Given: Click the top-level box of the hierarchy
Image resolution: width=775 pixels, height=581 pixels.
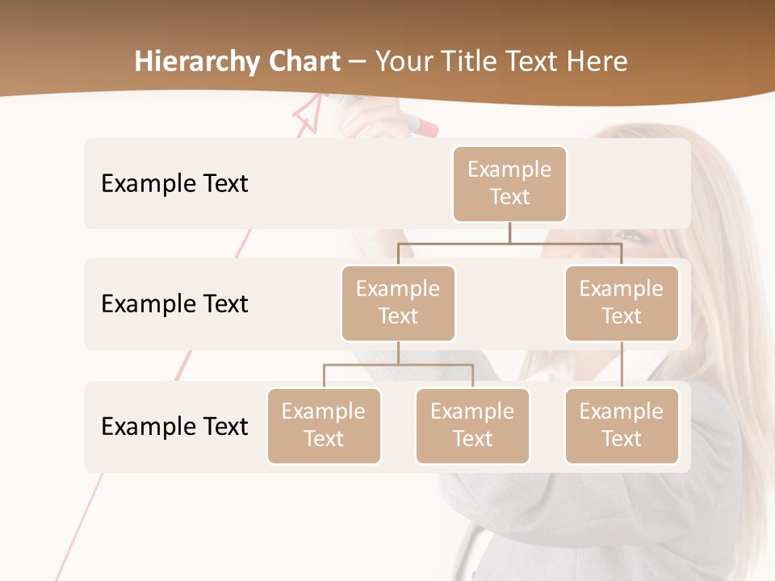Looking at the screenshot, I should point(509,184).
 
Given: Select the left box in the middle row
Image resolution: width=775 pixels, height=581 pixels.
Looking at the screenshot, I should point(398,303).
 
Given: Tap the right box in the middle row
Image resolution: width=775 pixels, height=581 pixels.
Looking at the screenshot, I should point(622,303).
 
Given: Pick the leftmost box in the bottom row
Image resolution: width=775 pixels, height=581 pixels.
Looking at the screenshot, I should point(324,426).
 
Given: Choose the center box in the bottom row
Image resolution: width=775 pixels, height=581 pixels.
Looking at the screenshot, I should point(472,426).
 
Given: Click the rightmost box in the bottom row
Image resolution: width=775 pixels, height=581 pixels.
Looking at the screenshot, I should point(622,426).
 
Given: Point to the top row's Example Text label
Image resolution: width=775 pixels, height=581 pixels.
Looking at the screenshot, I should point(174,184).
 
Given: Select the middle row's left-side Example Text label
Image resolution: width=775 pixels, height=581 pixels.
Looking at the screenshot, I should point(174,304).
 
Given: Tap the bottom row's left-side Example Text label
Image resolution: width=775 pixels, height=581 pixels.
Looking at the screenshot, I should point(174,427).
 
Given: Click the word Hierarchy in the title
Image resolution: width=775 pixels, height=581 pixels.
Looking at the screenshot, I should point(197,62).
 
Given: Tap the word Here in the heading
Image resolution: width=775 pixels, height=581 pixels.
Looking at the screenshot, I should point(598,61).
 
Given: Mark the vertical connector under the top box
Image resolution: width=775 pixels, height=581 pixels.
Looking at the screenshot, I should point(509,232).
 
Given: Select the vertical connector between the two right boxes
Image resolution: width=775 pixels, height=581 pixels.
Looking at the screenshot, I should point(622,365).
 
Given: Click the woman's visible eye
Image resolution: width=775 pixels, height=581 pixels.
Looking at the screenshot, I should point(632,237).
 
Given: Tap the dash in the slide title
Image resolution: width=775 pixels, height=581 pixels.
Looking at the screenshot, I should point(358,62).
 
